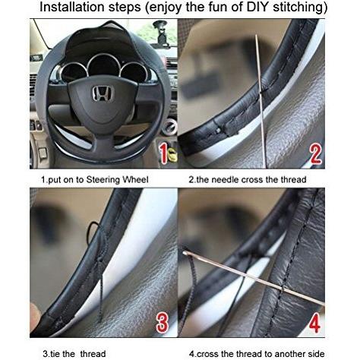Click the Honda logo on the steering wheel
click(x=103, y=93)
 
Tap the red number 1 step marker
click(x=163, y=153)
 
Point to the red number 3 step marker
click(x=163, y=323)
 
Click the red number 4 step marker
click(x=314, y=323)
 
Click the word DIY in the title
click(x=257, y=7)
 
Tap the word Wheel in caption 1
click(x=135, y=179)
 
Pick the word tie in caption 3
click(x=55, y=354)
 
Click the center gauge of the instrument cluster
click(x=103, y=66)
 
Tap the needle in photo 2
click(x=261, y=101)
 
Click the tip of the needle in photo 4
click(x=185, y=252)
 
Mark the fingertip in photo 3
click(x=35, y=314)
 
